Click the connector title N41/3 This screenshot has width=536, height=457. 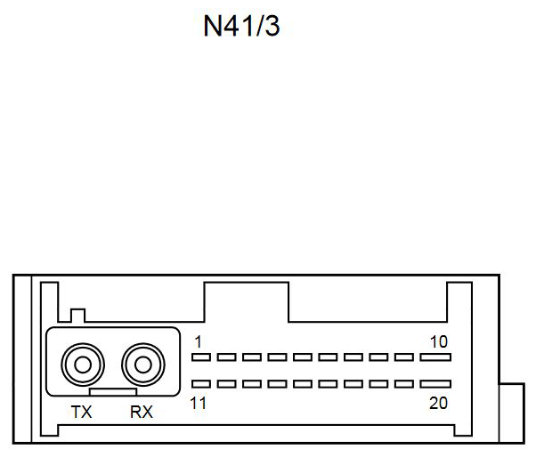(x=242, y=27)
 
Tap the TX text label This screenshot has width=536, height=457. (x=81, y=412)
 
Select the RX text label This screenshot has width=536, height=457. (x=141, y=412)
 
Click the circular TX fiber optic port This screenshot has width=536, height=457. (x=82, y=364)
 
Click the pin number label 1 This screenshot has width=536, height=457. (x=198, y=341)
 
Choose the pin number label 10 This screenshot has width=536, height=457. (x=437, y=341)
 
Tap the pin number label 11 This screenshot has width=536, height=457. (x=198, y=403)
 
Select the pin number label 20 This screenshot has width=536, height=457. (x=437, y=403)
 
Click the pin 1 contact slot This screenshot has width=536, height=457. (x=200, y=358)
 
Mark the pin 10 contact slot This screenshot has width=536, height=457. (x=435, y=358)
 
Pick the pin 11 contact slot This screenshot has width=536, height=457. (x=200, y=385)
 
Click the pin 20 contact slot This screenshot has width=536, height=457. (x=435, y=385)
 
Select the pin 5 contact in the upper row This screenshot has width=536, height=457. (x=303, y=358)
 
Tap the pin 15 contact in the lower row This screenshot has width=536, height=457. (x=303, y=385)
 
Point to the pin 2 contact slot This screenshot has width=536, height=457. (x=226, y=358)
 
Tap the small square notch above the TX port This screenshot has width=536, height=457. (x=77, y=316)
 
